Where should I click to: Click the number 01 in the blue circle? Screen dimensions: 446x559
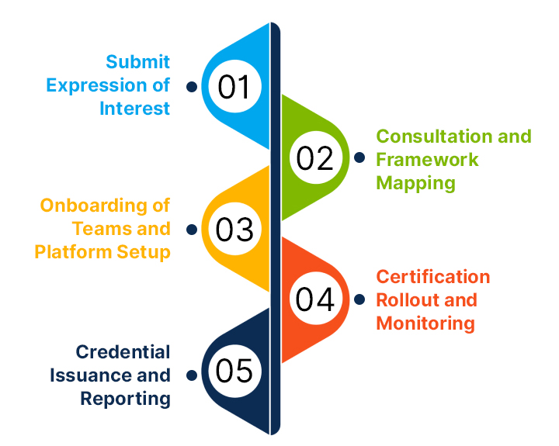coord(234,87)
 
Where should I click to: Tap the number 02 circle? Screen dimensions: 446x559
coord(315,157)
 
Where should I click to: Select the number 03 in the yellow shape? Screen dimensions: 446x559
coord(234,230)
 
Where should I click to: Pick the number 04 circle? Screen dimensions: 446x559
coord(315,299)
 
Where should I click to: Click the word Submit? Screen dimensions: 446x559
coord(138,61)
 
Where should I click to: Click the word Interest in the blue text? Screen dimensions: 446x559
coord(134,109)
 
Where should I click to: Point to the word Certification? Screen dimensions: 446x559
coord(433,277)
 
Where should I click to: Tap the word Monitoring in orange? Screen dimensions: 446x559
coord(425,323)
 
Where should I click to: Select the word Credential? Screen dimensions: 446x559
coord(123,352)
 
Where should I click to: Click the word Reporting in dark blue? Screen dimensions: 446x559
coord(125,399)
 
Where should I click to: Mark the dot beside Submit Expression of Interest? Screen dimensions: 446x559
coord(191,86)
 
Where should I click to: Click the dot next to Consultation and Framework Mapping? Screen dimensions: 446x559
coord(359,157)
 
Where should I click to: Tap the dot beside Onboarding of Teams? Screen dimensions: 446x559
coord(191,230)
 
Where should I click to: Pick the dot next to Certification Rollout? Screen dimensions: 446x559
coord(359,299)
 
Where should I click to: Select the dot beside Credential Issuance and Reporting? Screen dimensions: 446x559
coord(191,375)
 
